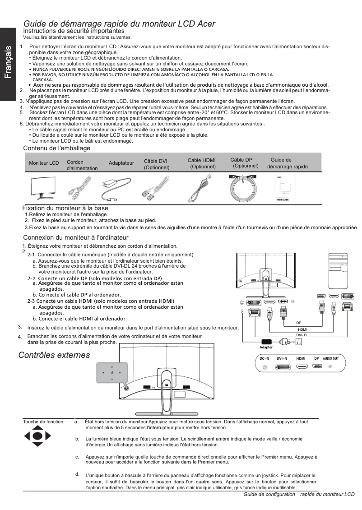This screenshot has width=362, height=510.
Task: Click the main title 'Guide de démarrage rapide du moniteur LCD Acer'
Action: coord(119,23)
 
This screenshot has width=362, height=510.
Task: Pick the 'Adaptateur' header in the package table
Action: coord(121,162)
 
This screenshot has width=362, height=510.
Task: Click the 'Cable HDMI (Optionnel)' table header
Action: coord(202,163)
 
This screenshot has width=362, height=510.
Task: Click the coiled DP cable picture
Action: coord(244,186)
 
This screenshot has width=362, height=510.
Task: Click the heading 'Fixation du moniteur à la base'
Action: coord(65,208)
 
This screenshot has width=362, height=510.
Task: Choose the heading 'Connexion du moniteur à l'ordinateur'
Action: coord(75,237)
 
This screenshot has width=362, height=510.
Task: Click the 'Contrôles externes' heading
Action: coord(54,356)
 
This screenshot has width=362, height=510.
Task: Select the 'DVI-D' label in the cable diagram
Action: coord(302,335)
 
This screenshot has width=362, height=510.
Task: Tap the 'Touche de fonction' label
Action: coord(43,422)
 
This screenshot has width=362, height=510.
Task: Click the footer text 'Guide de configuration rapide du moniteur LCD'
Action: coord(299,495)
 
